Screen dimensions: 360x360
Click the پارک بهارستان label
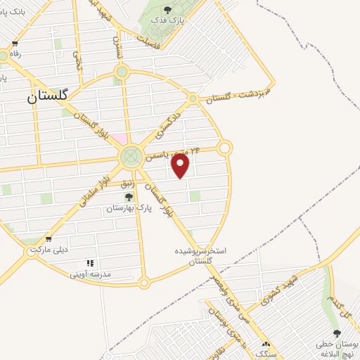(x=129, y=209)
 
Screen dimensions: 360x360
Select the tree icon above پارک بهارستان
(x=128, y=198)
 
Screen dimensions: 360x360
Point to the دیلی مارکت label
(x=47, y=250)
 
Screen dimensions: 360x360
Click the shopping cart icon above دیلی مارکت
(x=48, y=239)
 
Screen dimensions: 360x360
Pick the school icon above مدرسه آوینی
(x=90, y=264)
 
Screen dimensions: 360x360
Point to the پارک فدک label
(x=167, y=21)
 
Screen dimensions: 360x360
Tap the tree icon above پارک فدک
(x=167, y=10)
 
